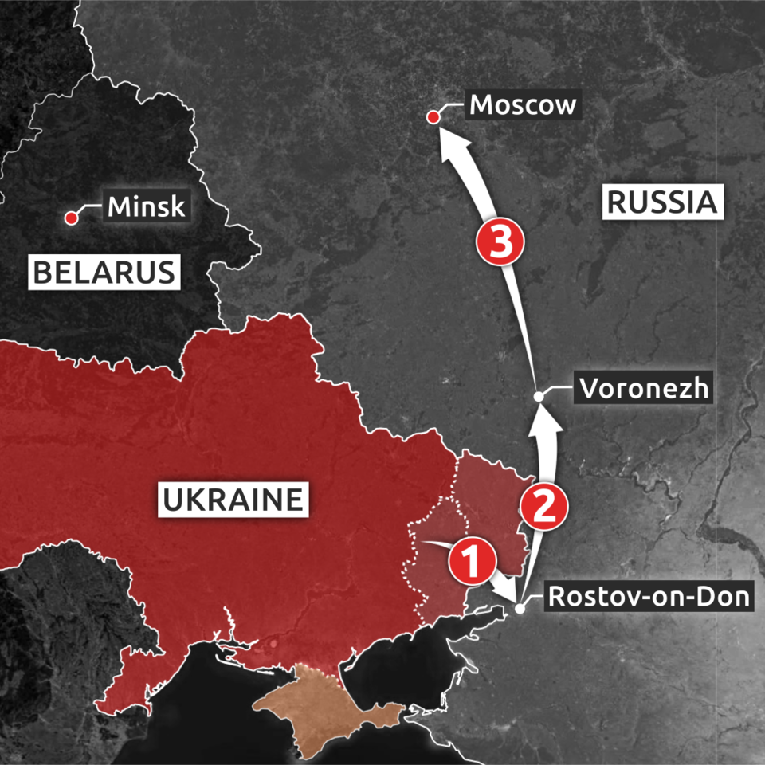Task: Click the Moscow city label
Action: [x=523, y=104]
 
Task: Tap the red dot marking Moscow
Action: [x=433, y=118]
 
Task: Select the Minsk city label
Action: [x=147, y=206]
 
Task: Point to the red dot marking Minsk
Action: [x=71, y=218]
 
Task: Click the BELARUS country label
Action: [x=103, y=272]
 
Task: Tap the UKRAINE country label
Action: [x=233, y=500]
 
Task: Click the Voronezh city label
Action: [x=643, y=389]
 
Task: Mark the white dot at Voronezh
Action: [x=539, y=396]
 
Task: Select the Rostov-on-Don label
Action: [x=649, y=596]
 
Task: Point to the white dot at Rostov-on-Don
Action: [x=520, y=609]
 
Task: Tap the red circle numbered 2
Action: [x=543, y=508]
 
